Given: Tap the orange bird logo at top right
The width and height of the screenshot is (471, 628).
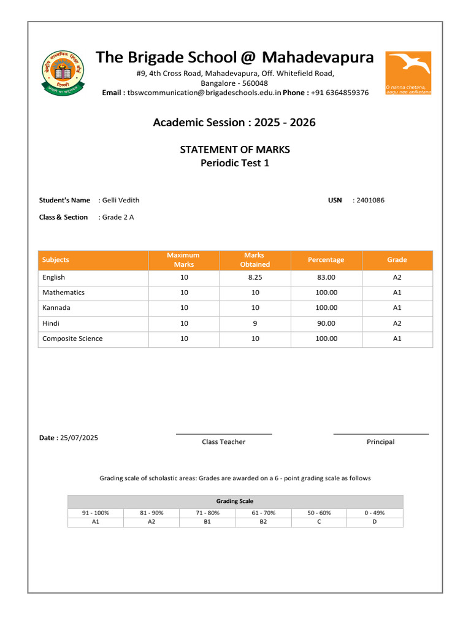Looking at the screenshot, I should [408, 72].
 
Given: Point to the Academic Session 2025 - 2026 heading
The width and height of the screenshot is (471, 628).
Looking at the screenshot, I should [234, 123].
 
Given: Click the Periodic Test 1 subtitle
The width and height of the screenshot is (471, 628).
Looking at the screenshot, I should [235, 163].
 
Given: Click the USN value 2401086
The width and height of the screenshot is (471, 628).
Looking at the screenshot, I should [370, 200].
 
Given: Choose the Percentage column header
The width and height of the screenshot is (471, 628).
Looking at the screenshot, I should [326, 260].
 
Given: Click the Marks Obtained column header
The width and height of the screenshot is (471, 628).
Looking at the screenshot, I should [255, 260].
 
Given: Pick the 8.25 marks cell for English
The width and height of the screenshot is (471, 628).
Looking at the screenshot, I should [255, 277].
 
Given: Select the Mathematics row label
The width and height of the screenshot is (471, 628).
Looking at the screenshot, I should [63, 293].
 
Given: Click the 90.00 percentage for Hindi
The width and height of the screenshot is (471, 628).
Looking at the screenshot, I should [326, 323].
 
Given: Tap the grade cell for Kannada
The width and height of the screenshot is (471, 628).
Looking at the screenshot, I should [397, 308].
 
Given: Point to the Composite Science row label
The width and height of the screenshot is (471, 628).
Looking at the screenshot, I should [72, 339].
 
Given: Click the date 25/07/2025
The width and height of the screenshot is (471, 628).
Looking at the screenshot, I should [79, 438].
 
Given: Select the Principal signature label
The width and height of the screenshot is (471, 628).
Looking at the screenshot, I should [380, 442].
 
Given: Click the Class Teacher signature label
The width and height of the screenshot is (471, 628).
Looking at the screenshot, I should [223, 442].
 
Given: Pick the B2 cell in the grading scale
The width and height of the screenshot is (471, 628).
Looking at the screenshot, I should [263, 522].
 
